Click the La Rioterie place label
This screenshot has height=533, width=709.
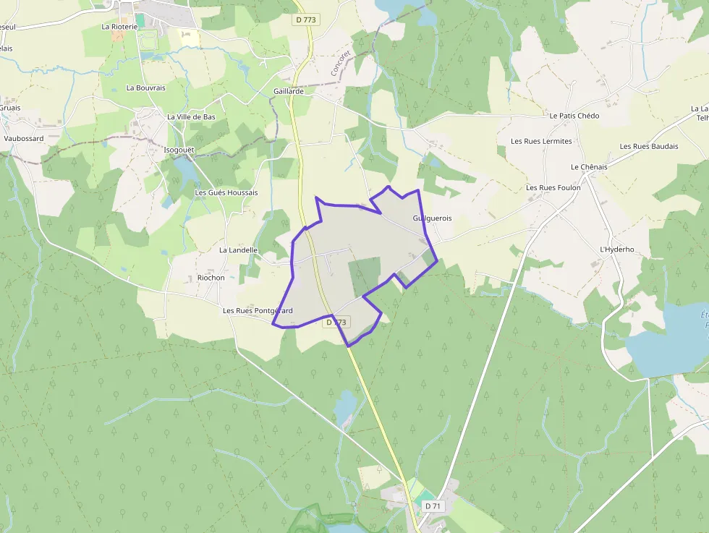(119, 27)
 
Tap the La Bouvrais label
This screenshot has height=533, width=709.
(145, 88)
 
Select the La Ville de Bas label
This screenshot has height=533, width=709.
(191, 117)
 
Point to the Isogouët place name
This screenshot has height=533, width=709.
(180, 150)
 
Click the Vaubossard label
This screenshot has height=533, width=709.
(24, 138)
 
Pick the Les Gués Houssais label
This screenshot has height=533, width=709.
(226, 193)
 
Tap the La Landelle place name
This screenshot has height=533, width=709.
(238, 250)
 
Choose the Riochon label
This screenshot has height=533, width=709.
(211, 278)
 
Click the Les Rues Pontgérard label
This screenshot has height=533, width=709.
(258, 311)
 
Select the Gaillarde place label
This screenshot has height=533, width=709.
(289, 92)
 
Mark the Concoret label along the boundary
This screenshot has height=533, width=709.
(339, 63)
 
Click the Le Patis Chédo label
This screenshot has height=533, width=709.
(574, 116)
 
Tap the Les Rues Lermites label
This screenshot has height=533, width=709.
(541, 141)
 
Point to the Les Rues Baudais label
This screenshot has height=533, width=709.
(649, 146)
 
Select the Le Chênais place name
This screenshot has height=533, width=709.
(589, 167)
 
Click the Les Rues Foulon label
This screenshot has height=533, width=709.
(553, 188)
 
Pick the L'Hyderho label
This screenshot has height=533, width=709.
(617, 250)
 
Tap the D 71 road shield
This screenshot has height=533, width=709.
(433, 506)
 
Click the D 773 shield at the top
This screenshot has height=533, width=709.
(306, 20)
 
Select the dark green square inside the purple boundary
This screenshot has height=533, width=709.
(365, 276)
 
